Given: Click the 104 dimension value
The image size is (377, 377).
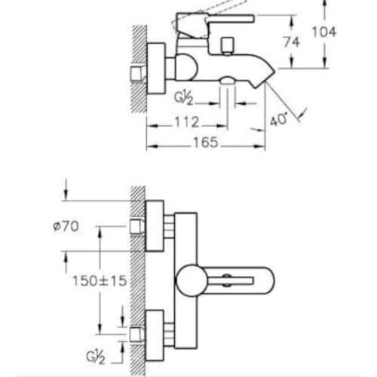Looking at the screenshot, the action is click(324, 32).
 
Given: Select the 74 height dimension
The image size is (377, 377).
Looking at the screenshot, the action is click(292, 42).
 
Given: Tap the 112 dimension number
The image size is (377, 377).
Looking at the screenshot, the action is click(187, 122).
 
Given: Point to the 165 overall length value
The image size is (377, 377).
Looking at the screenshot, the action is click(206, 143).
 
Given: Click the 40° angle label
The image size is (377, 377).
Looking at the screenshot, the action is click(278, 119).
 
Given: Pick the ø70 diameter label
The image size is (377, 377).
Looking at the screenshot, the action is click(66, 226).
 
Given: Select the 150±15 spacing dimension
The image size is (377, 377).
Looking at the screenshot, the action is click(100, 280).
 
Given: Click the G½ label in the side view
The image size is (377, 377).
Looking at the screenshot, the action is click(184, 97).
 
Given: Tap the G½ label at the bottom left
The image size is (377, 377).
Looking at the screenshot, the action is click(96, 357).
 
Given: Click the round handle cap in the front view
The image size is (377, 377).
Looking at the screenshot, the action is click(192, 280).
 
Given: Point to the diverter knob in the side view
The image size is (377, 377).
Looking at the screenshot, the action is click(228, 45).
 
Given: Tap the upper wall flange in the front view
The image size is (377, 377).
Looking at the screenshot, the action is click(155, 225).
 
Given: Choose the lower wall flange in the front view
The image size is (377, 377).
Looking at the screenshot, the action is click(155, 336).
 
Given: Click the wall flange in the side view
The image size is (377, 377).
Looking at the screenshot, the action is click(156, 69).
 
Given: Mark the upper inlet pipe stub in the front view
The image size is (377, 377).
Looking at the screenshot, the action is click(136, 226).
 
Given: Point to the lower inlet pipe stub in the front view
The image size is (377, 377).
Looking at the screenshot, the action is click(136, 335).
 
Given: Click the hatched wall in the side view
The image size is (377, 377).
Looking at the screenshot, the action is click(139, 69).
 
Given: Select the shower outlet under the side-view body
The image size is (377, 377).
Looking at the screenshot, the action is click(228, 81).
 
